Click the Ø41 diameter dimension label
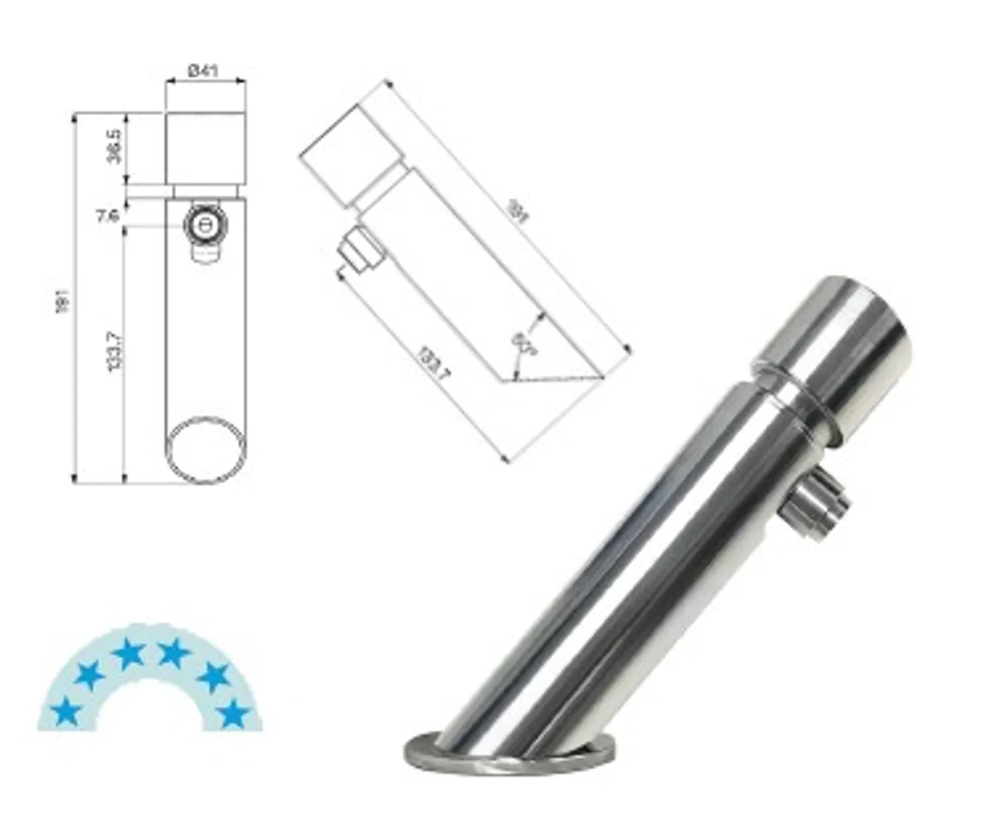[203, 70]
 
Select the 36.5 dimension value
[115, 146]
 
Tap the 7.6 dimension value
[108, 216]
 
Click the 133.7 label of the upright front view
[115, 350]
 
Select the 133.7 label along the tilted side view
[434, 364]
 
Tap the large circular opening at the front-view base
[205, 449]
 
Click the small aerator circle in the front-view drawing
[203, 225]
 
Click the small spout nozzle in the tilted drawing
[358, 250]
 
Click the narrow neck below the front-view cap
[205, 190]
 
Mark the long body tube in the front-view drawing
[205, 340]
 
